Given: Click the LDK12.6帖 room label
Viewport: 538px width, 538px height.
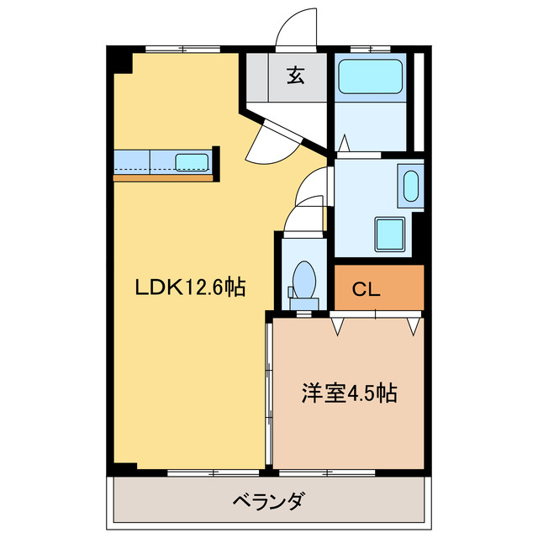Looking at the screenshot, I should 191,288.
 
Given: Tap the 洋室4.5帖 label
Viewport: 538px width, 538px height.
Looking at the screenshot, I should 350,393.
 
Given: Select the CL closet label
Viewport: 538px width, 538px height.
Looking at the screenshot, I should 366,291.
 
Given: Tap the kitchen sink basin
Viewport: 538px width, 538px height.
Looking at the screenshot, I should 192,161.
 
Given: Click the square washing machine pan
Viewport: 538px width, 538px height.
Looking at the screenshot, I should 389,232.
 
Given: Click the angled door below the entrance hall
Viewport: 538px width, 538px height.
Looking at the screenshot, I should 274,135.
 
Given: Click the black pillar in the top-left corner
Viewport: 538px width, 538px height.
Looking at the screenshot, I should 122,60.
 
